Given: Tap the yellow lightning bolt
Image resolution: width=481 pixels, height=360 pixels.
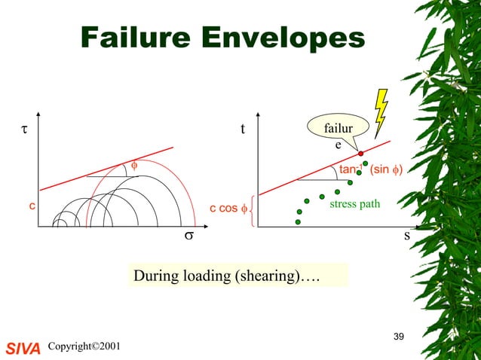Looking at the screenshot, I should coord(380,112).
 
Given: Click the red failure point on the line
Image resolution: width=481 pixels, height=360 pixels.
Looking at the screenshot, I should coord(361,153).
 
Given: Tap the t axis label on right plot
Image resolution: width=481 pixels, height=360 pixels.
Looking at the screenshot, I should coord(242,130).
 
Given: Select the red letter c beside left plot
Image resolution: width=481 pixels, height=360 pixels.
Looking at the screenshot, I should coord(32,204).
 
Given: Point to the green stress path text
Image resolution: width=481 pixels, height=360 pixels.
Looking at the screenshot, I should coord(355,203).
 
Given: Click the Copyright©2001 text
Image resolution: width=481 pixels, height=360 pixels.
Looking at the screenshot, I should coord(83,346).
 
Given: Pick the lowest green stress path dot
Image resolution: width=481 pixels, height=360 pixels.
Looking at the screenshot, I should coord(299,222).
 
